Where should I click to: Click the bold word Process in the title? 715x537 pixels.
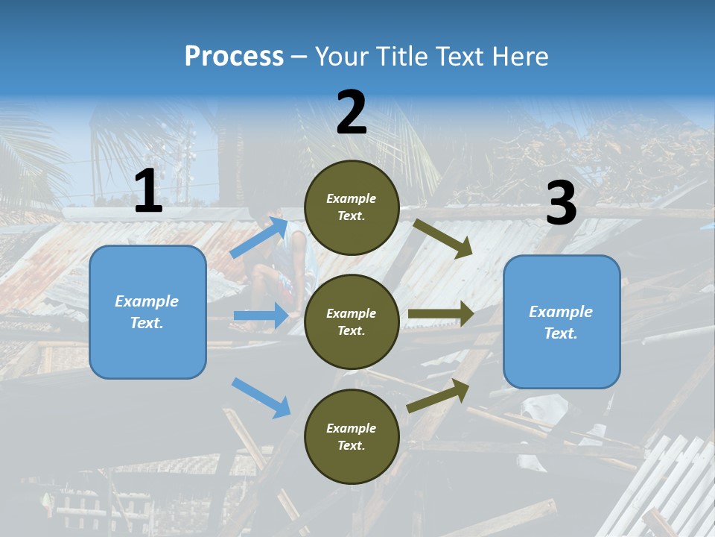pyautogui.click(x=234, y=57)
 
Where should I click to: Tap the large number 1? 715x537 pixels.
pyautogui.click(x=148, y=192)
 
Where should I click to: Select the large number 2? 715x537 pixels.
pyautogui.click(x=352, y=113)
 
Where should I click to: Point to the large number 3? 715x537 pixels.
pyautogui.click(x=561, y=204)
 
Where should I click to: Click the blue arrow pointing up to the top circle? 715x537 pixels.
pyautogui.click(x=259, y=238)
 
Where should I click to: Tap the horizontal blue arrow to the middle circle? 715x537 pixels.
pyautogui.click(x=261, y=315)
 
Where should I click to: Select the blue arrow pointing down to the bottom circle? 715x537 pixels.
pyautogui.click(x=261, y=398)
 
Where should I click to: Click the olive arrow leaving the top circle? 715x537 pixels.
pyautogui.click(x=443, y=239)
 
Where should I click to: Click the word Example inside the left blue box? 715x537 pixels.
pyautogui.click(x=147, y=301)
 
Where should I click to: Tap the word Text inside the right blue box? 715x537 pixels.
pyautogui.click(x=560, y=333)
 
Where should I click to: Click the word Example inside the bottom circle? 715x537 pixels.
pyautogui.click(x=352, y=428)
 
